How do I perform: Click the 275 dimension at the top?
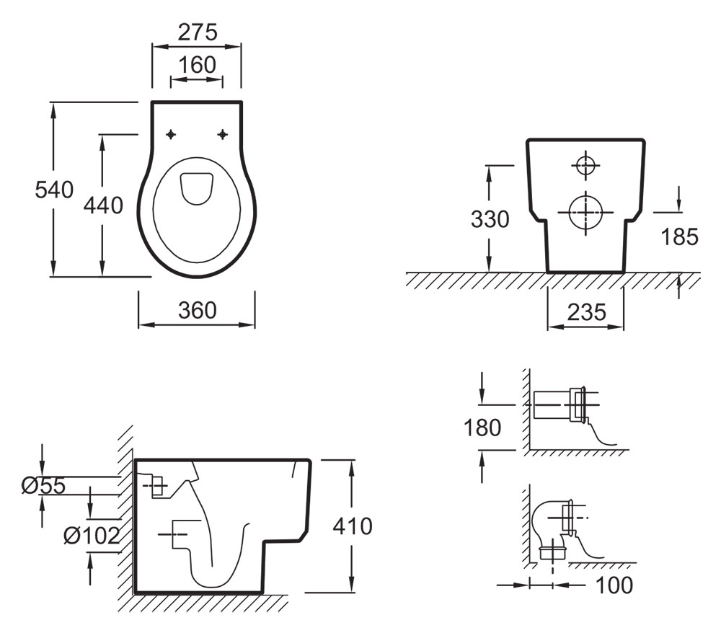196,32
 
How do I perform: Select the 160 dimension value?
196,65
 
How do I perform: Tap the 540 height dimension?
55,190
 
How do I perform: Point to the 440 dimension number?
103,205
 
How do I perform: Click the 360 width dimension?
196,310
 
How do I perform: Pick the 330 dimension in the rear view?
490,219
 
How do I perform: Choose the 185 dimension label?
680,236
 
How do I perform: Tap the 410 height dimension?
352,527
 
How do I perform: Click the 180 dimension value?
482,428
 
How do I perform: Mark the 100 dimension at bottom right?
615,585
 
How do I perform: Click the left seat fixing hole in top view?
171,134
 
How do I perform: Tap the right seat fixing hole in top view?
223,134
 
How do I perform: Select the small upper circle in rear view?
585,165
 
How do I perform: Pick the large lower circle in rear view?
585,211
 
